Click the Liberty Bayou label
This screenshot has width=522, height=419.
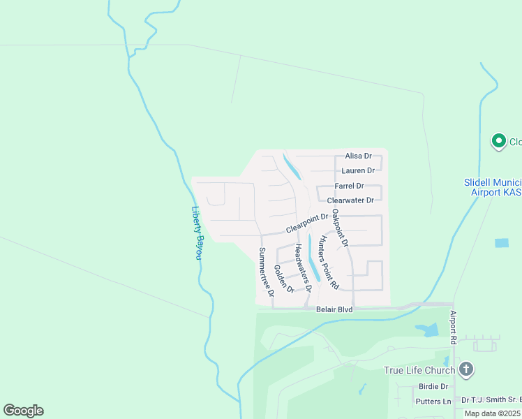click(197, 233)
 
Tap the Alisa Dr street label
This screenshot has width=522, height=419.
click(358, 156)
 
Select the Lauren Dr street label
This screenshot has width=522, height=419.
click(358, 170)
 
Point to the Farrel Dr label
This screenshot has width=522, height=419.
click(350, 186)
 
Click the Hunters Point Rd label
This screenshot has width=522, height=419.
click(328, 263)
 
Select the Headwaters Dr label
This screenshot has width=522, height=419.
click(302, 267)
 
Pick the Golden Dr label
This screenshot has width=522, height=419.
click(285, 279)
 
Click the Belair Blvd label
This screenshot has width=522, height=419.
click(335, 309)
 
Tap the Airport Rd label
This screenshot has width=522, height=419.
click(454, 327)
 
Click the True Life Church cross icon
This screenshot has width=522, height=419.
click(467, 369)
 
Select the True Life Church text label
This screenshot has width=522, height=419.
click(419, 370)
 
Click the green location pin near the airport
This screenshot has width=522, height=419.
click(499, 142)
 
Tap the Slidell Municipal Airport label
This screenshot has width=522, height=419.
click(493, 186)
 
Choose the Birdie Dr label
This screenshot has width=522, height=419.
click(433, 386)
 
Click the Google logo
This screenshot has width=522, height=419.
click(23, 411)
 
